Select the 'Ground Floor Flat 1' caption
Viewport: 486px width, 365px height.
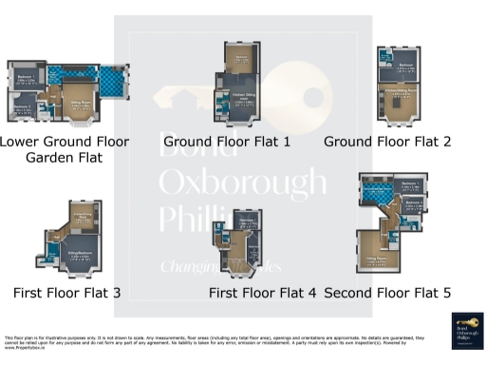226,142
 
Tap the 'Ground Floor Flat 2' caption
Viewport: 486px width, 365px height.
399,142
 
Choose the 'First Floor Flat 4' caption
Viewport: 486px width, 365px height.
262,293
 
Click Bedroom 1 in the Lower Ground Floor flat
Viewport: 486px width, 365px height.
27,78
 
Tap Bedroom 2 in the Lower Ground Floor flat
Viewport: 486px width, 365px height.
22,106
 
